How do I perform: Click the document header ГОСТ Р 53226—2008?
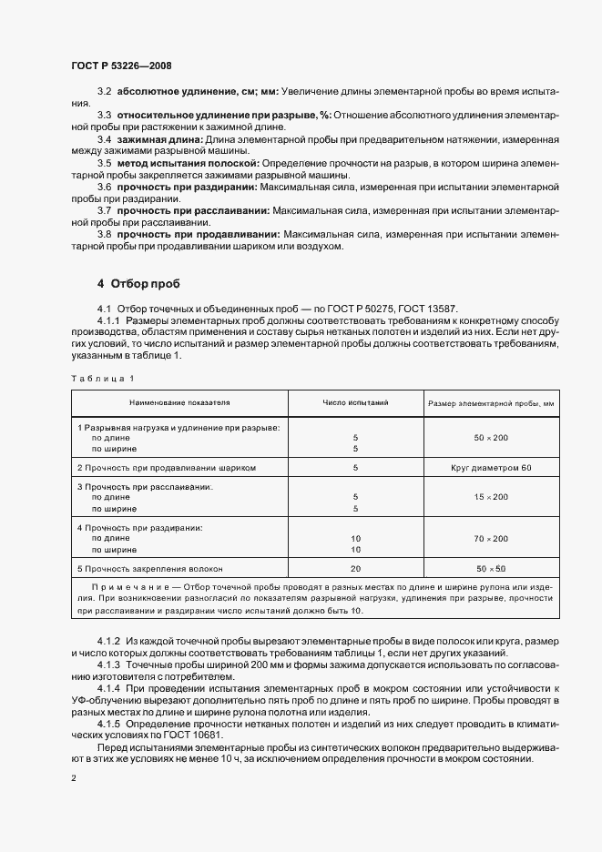pos(120,66)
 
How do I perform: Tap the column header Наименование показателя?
pos(179,401)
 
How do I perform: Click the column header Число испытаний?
pos(355,401)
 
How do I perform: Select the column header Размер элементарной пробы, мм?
pos(491,401)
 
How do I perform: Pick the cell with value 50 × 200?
pos(491,438)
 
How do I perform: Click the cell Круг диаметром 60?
pos(491,467)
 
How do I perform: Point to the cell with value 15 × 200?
pos(491,497)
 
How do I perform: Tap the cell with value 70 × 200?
pos(491,539)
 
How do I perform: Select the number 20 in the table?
pos(355,568)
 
